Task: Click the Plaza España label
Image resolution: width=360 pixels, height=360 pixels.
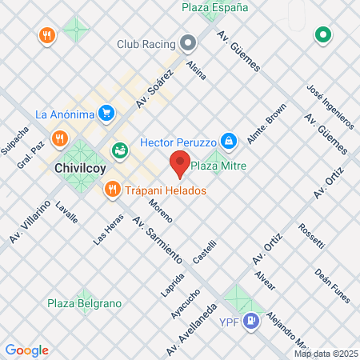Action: (x=214, y=7)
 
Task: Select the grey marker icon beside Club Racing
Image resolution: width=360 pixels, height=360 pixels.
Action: (x=188, y=42)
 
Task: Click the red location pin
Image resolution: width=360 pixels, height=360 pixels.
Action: (x=179, y=165)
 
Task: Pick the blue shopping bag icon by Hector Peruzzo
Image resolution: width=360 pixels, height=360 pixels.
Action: (x=230, y=142)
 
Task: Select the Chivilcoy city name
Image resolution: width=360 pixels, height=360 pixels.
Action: (x=80, y=169)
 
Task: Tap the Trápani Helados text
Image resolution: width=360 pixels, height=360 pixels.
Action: (x=166, y=190)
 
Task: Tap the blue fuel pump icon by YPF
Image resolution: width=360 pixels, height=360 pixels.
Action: (x=252, y=321)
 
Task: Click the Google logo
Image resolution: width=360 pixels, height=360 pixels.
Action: (x=26, y=350)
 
